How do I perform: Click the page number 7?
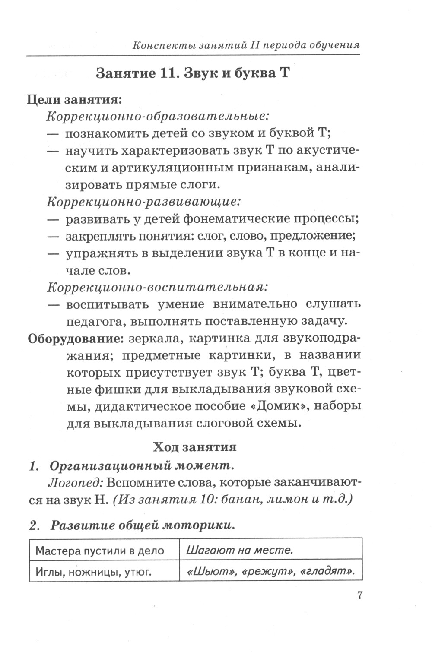(358, 595)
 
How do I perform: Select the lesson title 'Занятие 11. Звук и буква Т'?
(192, 73)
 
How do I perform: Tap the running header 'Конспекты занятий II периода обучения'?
(246, 45)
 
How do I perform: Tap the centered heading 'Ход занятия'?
(195, 447)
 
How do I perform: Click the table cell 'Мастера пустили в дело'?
(100, 551)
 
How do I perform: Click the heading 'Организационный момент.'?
(142, 466)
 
